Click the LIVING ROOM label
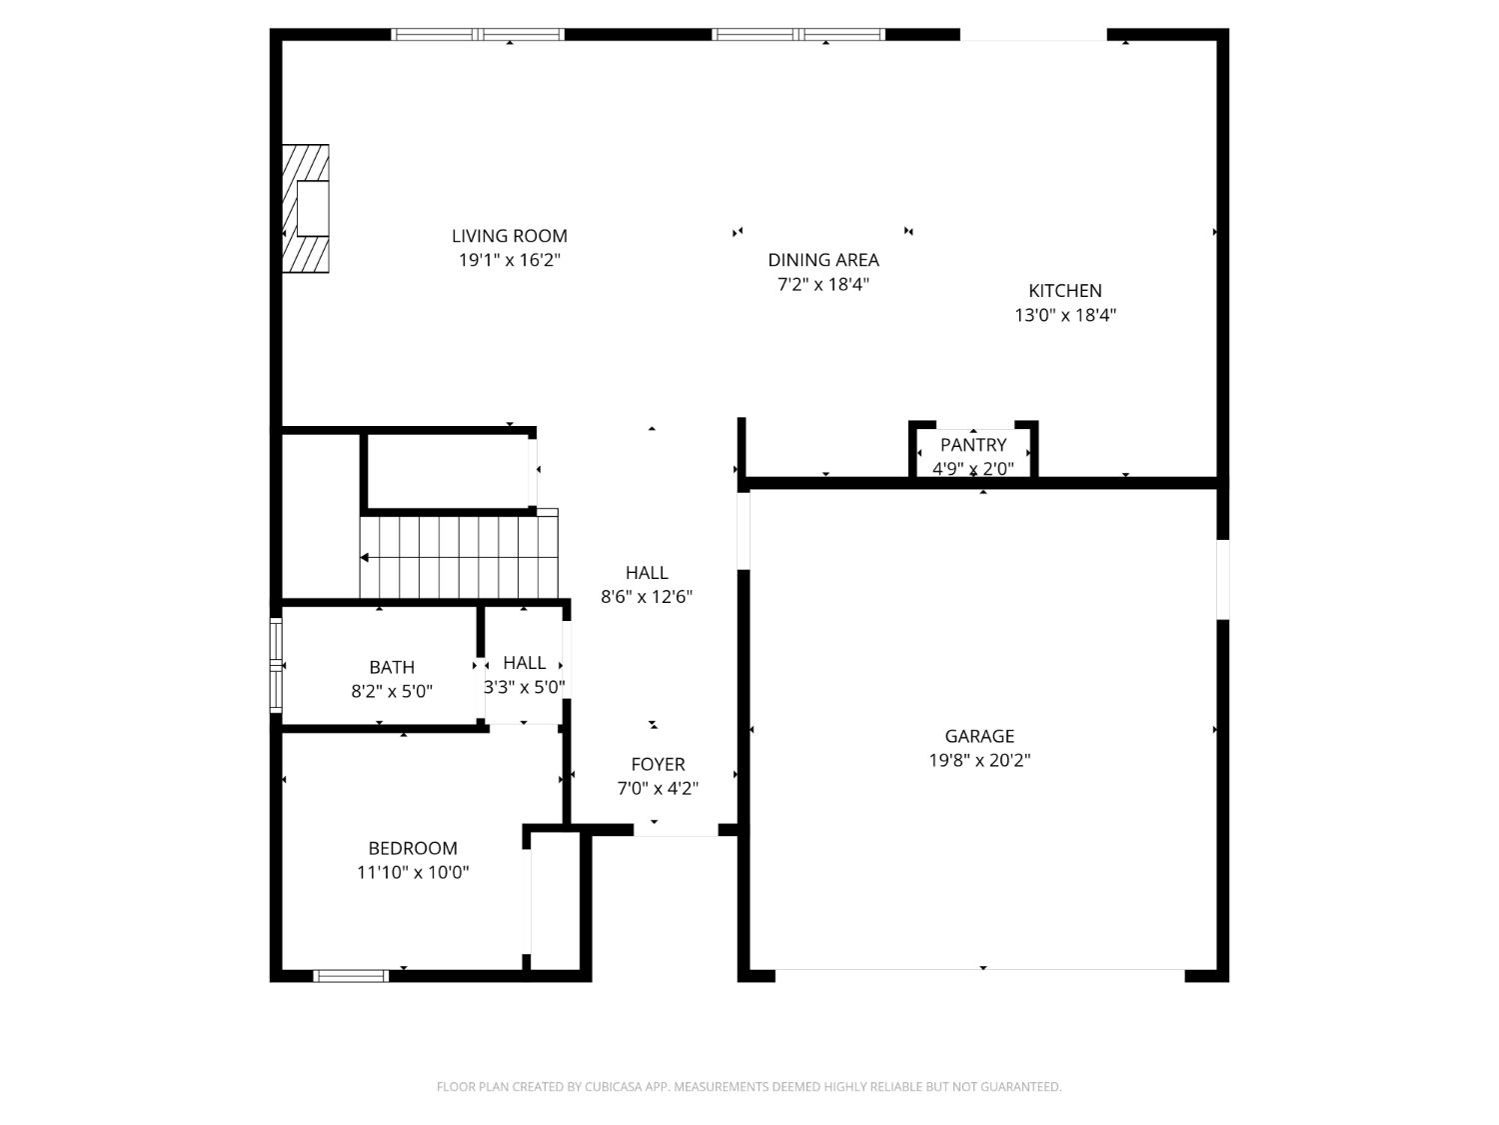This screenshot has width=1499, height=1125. (x=509, y=236)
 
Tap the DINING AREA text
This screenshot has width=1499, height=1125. (x=822, y=260)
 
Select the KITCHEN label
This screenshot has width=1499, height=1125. (x=1064, y=291)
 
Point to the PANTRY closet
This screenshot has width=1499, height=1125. (x=972, y=455)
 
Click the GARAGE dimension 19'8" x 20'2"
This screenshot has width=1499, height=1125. (x=979, y=760)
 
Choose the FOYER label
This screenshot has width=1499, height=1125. (x=658, y=765)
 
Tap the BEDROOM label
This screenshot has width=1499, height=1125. (x=413, y=848)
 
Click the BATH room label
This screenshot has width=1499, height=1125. (x=392, y=667)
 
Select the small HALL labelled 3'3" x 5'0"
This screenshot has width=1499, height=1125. (x=524, y=664)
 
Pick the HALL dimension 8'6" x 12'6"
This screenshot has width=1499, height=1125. (x=647, y=597)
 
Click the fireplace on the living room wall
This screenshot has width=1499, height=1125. (x=306, y=208)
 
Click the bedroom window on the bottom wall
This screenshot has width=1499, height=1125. (x=351, y=975)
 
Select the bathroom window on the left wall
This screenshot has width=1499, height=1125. (x=276, y=665)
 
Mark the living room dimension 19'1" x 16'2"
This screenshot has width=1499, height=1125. (x=509, y=260)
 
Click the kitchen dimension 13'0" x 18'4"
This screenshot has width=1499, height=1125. (x=1064, y=315)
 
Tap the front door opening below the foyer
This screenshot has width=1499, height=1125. (x=676, y=830)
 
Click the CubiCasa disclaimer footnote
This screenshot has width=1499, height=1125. (x=749, y=1087)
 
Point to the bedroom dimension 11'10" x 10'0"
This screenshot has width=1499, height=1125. (x=413, y=872)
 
